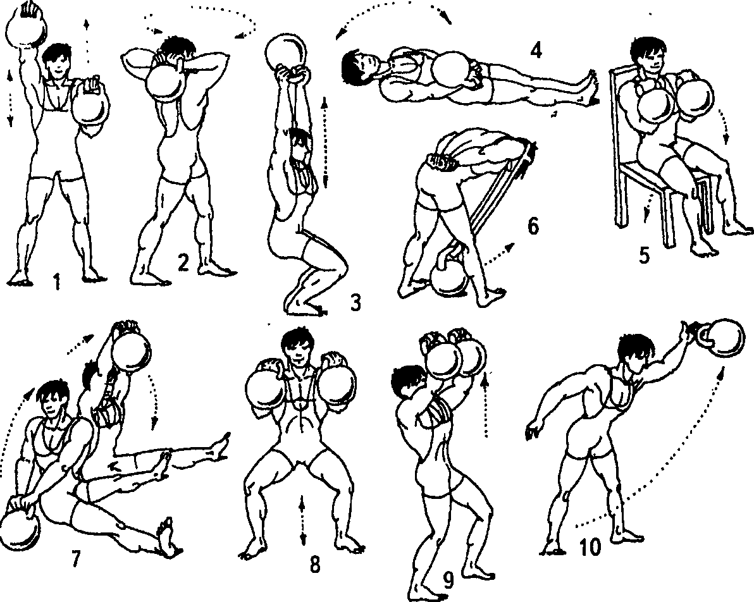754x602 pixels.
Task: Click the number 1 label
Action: (x=57, y=282)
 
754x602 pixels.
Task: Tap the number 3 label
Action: (x=355, y=303)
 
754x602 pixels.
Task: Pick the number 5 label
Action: (x=645, y=255)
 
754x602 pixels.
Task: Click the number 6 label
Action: (x=533, y=226)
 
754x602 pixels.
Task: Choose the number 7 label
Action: (x=75, y=558)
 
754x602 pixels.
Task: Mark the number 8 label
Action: (x=314, y=564)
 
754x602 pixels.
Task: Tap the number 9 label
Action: (x=448, y=581)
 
